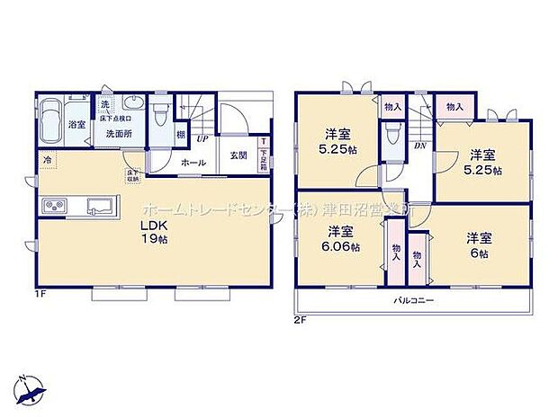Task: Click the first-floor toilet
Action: click(x=161, y=113)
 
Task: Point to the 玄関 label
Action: click(x=238, y=155)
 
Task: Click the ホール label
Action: click(x=193, y=163)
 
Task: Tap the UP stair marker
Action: click(x=203, y=139)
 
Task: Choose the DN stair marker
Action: click(x=419, y=144)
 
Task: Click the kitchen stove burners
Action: click(x=52, y=207)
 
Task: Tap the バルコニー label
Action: click(x=414, y=299)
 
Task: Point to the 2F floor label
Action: click(x=299, y=319)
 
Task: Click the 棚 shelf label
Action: click(x=181, y=135)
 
